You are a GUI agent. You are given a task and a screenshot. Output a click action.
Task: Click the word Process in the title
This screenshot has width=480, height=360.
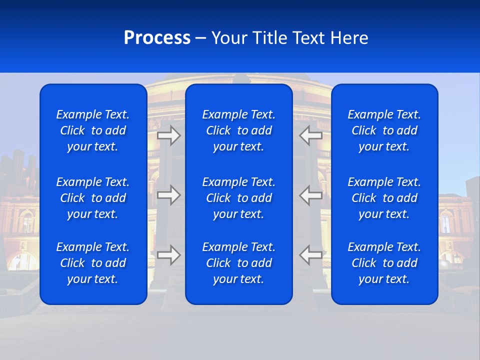click(157, 38)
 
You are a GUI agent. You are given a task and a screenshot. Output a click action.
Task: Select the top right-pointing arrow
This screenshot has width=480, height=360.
click(169, 135)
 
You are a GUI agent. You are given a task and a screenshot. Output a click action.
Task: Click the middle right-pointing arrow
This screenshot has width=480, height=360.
click(169, 195)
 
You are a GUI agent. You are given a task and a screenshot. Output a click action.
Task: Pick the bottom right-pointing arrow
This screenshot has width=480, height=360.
click(169, 255)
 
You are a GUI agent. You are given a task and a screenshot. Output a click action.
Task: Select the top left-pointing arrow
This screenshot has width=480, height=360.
click(310, 135)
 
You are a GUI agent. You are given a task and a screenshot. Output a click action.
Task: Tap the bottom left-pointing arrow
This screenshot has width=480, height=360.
click(310, 255)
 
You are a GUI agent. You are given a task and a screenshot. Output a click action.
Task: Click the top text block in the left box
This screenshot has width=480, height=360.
click(93, 130)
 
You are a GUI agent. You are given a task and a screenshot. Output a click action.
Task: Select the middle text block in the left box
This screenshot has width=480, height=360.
click(93, 198)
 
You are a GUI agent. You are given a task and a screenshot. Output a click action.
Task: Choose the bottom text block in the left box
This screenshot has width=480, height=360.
click(93, 263)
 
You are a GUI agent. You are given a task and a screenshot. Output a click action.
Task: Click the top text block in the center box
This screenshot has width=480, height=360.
click(238, 130)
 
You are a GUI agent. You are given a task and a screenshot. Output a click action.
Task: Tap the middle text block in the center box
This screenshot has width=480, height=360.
click(238, 198)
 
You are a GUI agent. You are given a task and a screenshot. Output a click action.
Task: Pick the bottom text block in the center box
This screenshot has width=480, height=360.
click(238, 263)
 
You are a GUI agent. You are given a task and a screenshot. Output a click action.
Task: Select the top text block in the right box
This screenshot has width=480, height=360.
click(384, 130)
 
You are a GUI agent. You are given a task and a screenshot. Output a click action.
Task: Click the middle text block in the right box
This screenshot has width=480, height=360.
click(384, 198)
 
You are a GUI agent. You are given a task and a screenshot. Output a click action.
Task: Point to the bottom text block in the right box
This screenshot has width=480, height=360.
click(384, 263)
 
